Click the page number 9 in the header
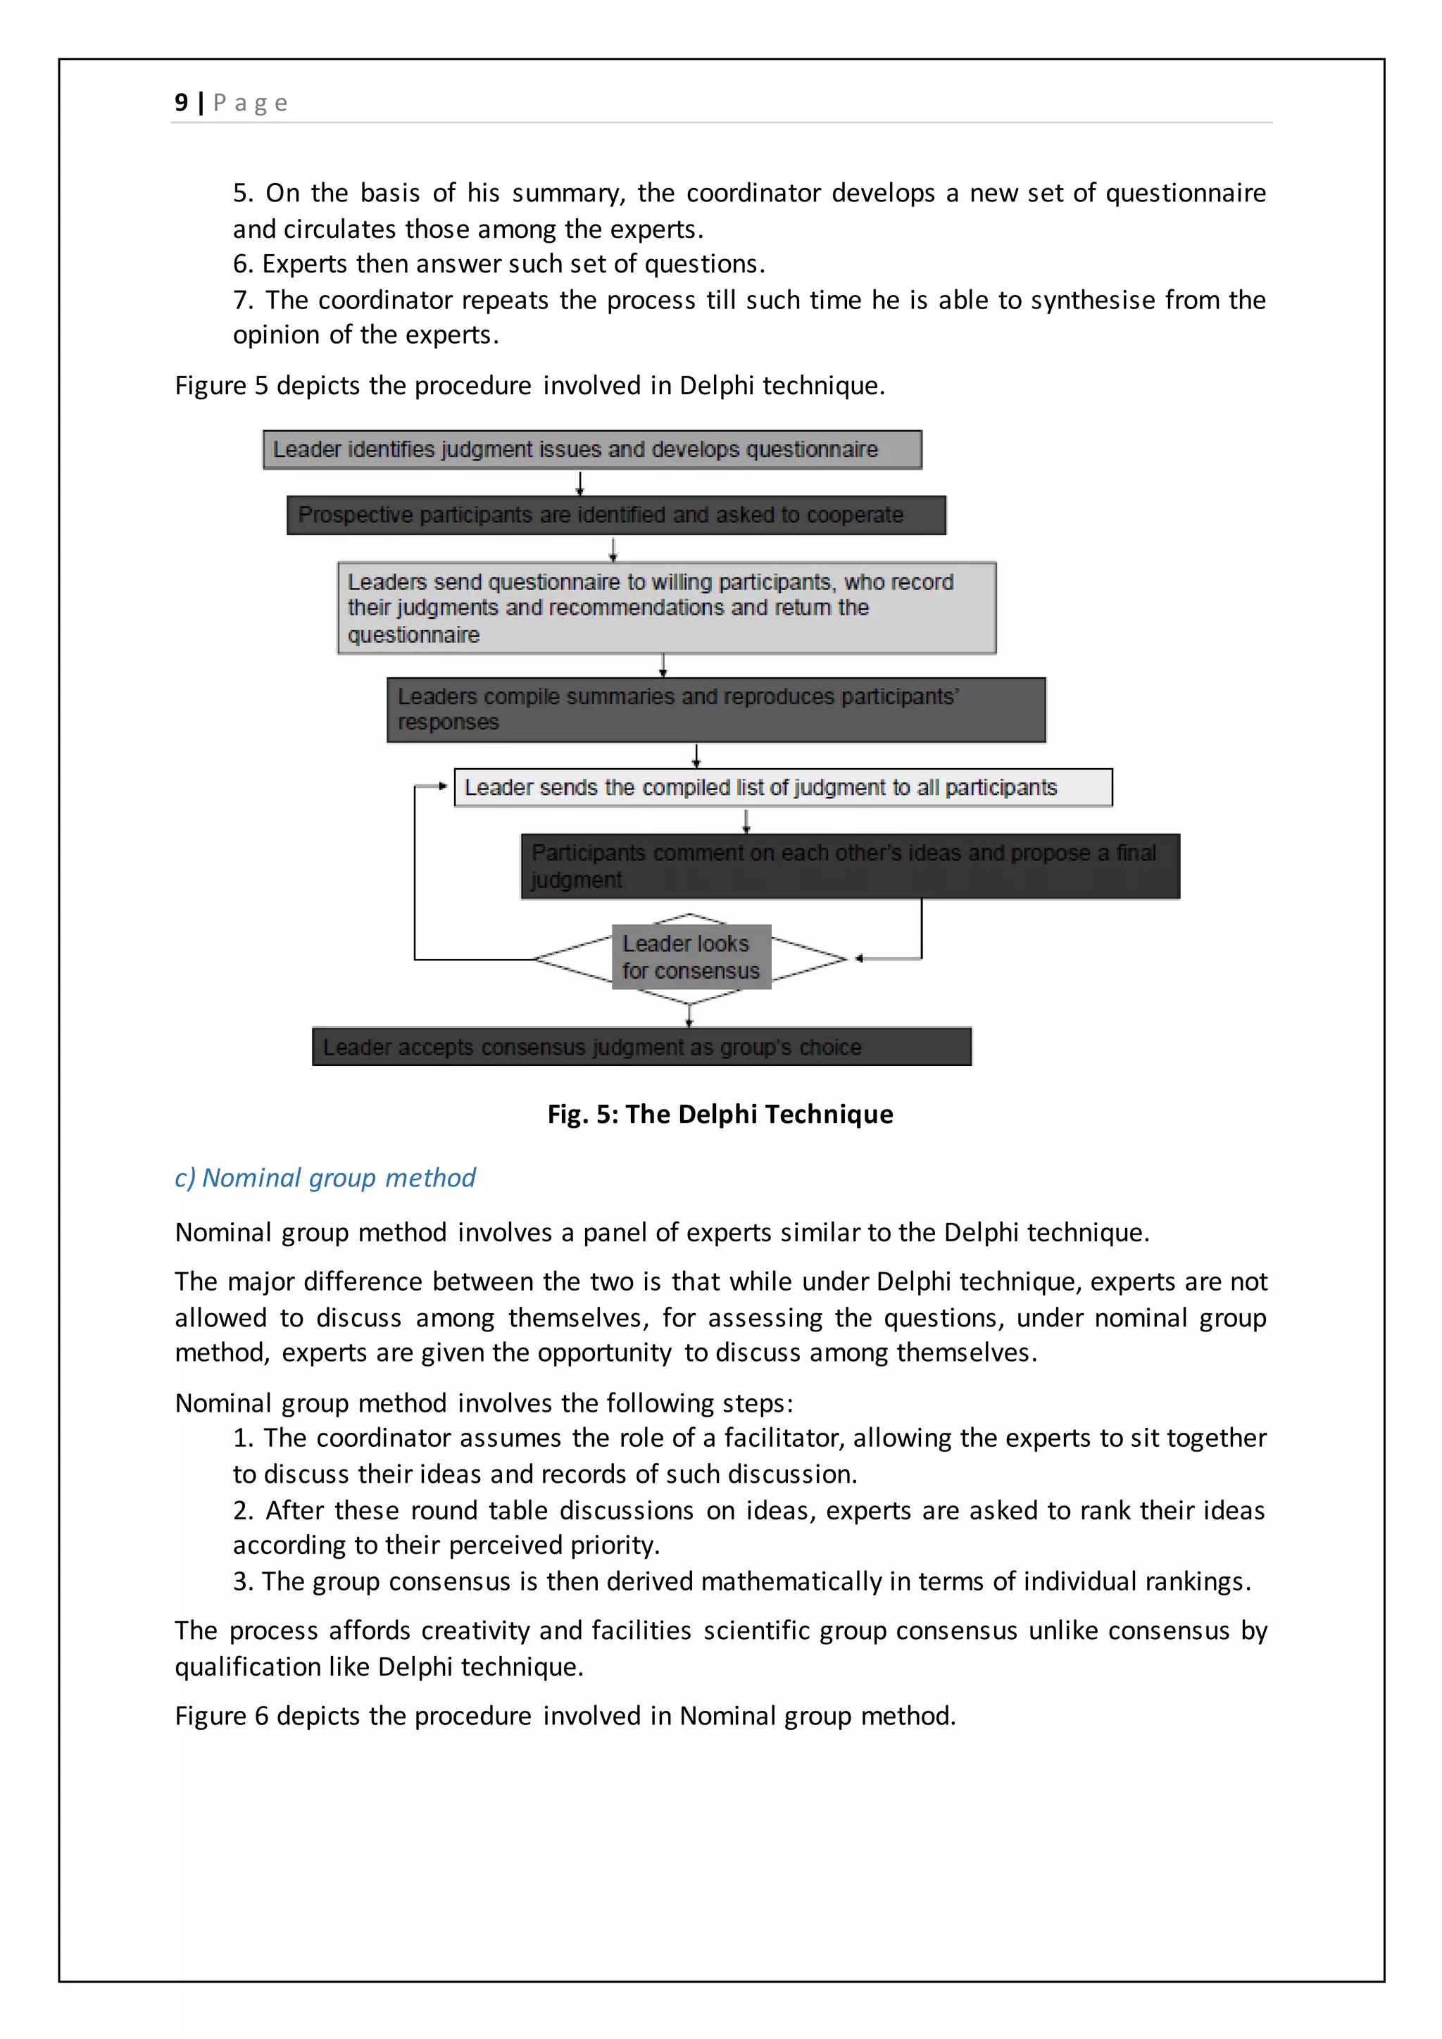181,103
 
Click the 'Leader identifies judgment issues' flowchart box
592,449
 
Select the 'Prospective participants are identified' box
616,515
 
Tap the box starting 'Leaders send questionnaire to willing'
666,608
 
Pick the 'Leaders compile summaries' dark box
715,710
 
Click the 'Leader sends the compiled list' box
782,788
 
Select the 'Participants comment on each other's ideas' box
850,866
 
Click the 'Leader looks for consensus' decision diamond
691,958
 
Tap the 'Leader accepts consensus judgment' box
641,1047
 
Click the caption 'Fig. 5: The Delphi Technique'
720,1114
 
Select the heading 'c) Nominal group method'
325,1178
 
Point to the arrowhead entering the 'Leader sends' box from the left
442,786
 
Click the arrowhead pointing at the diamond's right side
858,958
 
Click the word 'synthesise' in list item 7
1092,300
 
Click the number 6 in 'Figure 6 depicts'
261,1716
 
